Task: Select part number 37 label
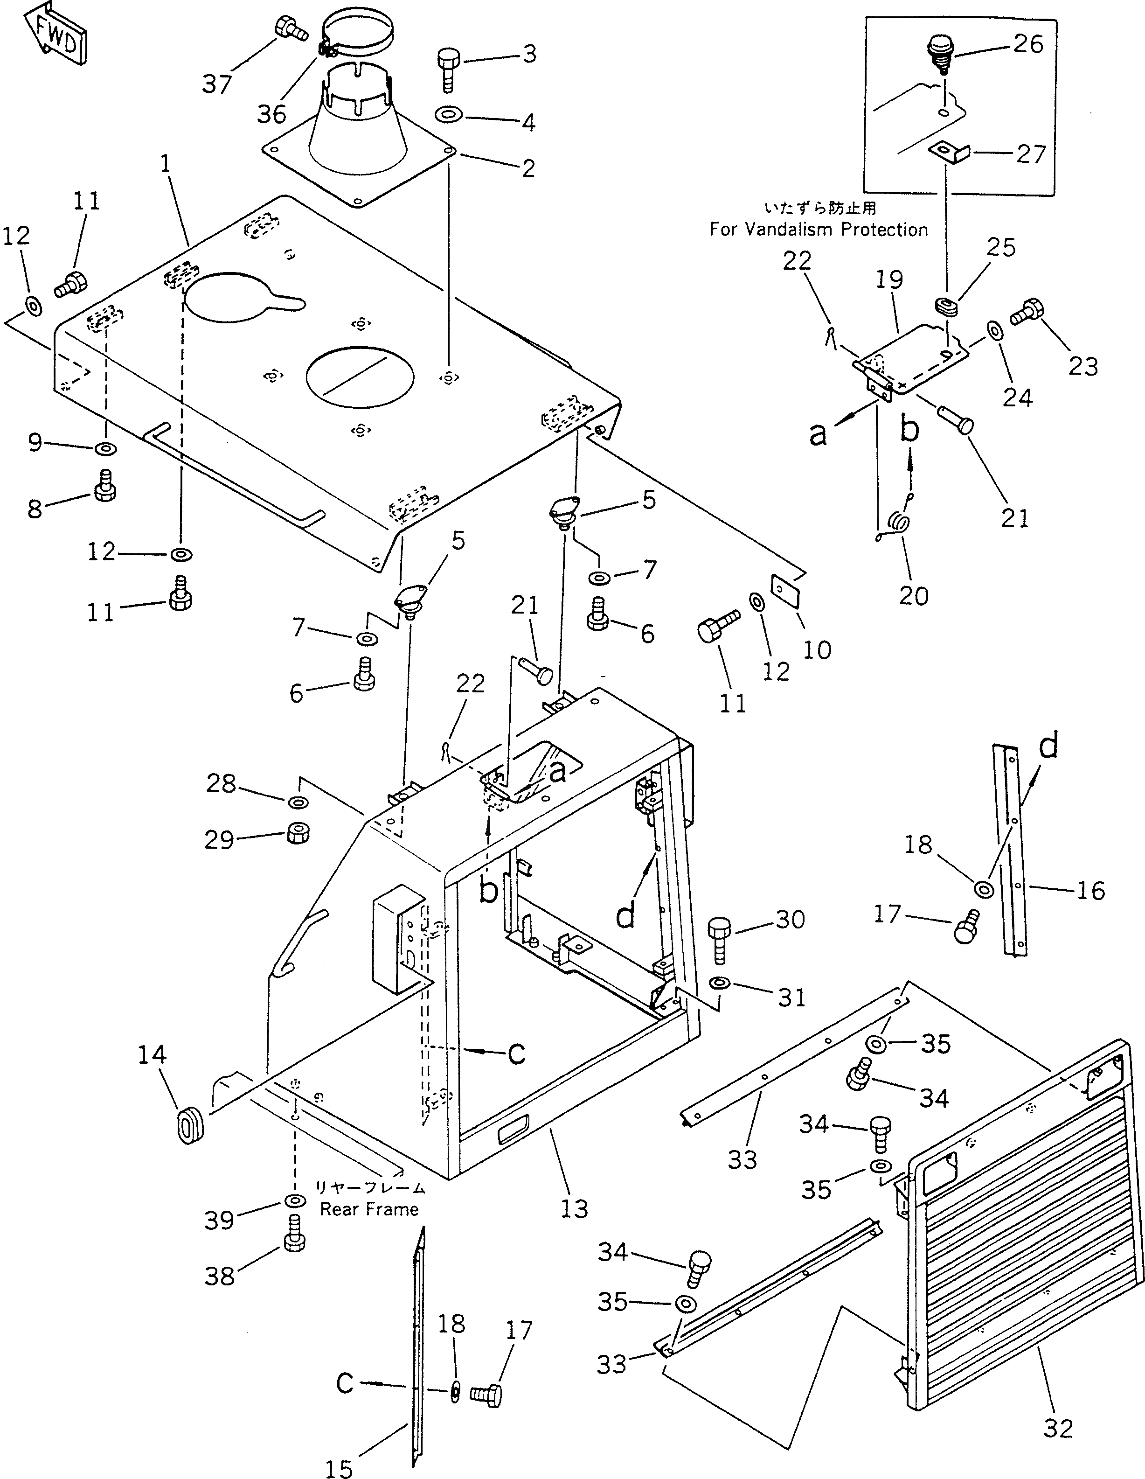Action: coord(217,84)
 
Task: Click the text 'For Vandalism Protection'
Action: coord(818,230)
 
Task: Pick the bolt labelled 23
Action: coord(1027,313)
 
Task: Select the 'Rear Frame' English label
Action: coord(369,1209)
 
